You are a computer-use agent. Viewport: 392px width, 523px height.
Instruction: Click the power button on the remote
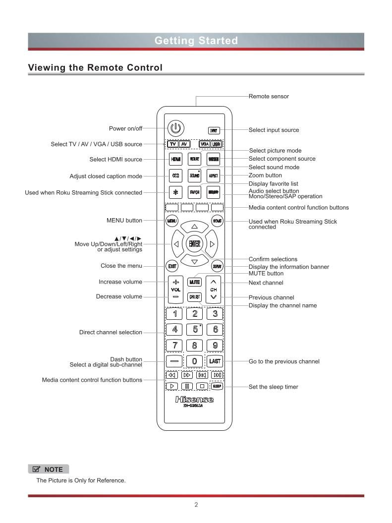[175, 128]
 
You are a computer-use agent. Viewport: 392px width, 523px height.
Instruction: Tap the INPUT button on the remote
[214, 130]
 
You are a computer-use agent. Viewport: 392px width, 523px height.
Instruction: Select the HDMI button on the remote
[175, 159]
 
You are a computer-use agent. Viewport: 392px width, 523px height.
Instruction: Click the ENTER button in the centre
[194, 243]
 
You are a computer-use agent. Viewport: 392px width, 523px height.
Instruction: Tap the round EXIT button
[172, 266]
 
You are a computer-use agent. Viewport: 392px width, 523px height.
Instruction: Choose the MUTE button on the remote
[194, 282]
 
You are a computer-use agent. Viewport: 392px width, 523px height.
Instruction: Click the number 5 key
[195, 329]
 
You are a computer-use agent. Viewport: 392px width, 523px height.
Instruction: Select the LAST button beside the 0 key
[215, 361]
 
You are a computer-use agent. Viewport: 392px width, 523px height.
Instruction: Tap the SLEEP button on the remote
[217, 386]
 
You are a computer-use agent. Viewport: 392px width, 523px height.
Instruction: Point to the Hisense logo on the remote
[194, 400]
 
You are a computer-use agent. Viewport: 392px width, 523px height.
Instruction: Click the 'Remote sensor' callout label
[269, 96]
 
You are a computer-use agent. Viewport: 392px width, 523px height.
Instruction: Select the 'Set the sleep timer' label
[274, 387]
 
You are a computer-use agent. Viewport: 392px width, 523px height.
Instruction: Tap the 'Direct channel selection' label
[111, 332]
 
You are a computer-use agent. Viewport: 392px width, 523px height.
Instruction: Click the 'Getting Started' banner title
[196, 41]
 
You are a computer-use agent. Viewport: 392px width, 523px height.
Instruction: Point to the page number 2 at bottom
[196, 505]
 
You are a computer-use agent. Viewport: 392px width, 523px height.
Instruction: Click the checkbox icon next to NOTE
[36, 469]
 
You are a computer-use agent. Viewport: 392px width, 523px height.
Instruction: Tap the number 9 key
[215, 346]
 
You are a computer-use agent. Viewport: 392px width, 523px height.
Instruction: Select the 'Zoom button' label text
[265, 175]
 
